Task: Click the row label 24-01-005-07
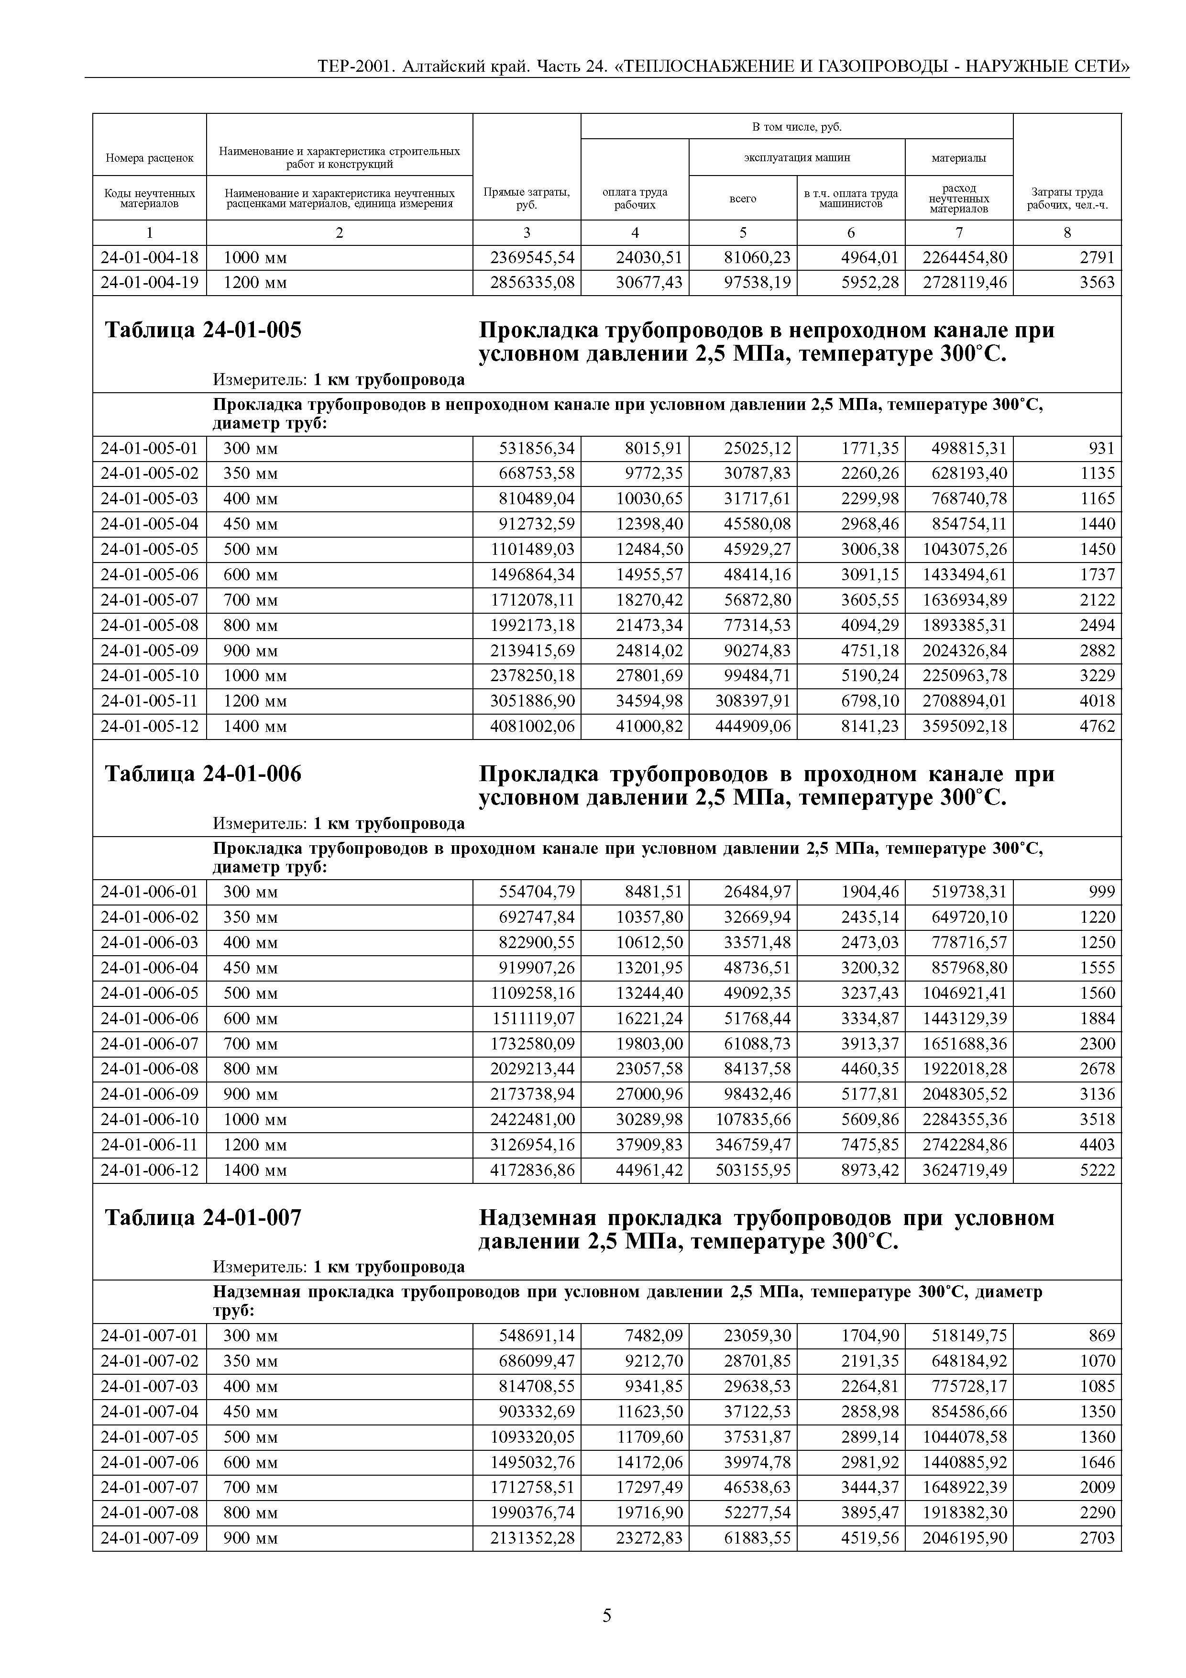coord(149,600)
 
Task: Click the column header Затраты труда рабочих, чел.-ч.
coord(1067,198)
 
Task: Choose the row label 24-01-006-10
coord(149,1120)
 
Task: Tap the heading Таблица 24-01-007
coord(203,1217)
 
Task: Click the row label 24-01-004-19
coord(149,283)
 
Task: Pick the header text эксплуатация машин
coord(797,157)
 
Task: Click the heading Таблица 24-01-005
coord(203,331)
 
